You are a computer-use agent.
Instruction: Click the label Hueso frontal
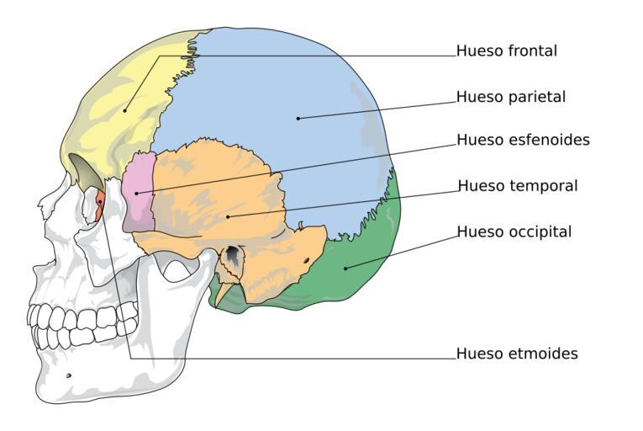coord(507,51)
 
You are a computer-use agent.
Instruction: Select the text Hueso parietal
coord(511,97)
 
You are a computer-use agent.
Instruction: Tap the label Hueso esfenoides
coord(524,140)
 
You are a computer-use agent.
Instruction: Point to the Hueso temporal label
coord(518,186)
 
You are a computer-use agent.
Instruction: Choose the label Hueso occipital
coord(514,231)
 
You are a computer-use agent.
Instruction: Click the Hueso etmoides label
coord(517,354)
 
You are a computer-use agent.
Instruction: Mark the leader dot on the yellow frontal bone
coord(124,110)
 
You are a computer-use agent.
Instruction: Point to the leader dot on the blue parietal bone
coord(298,119)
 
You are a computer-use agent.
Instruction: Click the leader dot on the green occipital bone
coord(345,269)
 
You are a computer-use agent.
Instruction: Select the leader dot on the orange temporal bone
coord(228,216)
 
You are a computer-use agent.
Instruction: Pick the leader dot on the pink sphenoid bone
coord(136,193)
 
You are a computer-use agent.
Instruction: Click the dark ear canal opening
coord(233,253)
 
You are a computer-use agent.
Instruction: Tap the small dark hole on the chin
coord(68,375)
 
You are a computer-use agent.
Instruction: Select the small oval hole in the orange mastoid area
coord(306,260)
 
